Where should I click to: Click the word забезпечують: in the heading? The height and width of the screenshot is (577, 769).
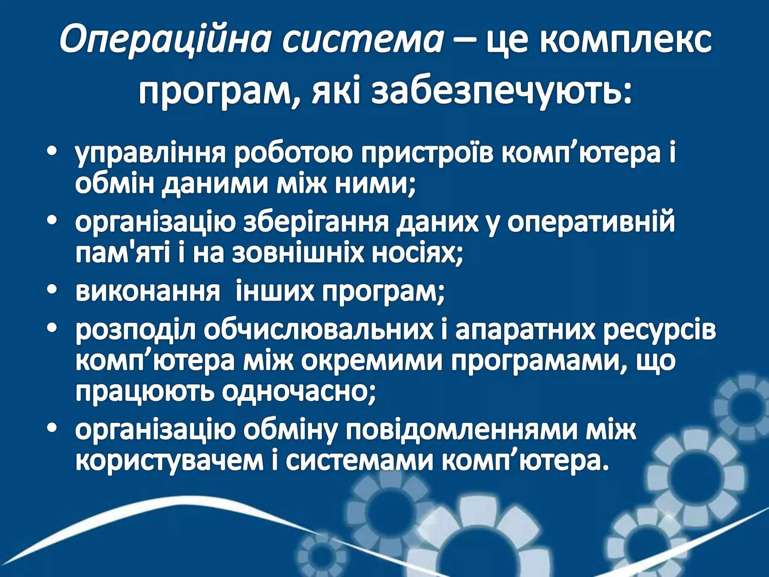[501, 92]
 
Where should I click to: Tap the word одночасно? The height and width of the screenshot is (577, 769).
[299, 394]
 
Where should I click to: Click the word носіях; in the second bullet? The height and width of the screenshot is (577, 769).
[417, 255]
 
